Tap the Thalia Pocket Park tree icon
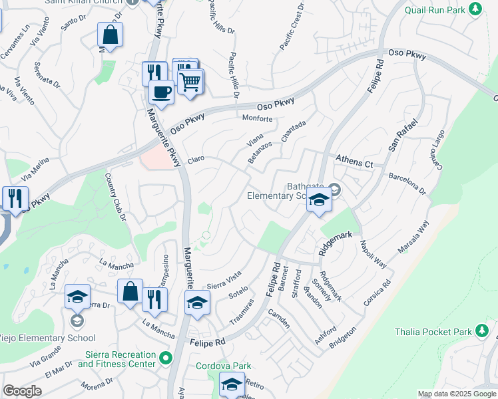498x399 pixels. tap(483, 331)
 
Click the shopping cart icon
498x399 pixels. tap(190, 82)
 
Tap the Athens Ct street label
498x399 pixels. tap(355, 160)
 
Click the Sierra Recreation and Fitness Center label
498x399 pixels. tap(117, 359)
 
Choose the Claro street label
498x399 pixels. tap(196, 160)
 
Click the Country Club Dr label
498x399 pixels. tap(115, 197)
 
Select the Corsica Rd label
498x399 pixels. tap(377, 295)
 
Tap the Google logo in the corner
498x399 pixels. tap(22, 391)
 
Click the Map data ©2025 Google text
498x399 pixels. tap(456, 394)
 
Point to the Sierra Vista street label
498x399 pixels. tap(224, 277)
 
